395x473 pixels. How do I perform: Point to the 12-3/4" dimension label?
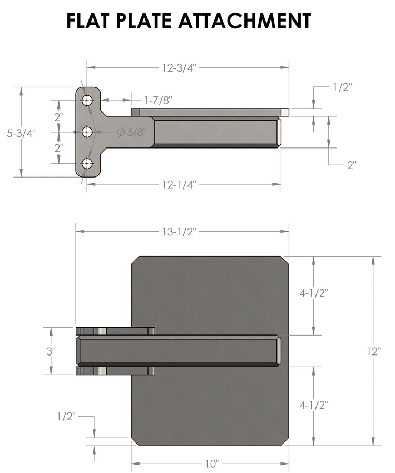click(x=180, y=67)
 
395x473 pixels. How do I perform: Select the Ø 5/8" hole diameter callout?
click(x=131, y=133)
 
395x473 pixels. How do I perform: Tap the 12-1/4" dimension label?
click(x=179, y=184)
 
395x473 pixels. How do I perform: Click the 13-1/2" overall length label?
click(x=179, y=230)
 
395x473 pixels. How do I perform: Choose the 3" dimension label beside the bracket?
click(x=51, y=351)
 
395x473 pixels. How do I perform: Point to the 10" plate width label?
click(x=211, y=464)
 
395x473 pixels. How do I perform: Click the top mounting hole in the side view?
click(x=87, y=100)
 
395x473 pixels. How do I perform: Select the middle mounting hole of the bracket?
click(x=87, y=132)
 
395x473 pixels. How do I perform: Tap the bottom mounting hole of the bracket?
click(x=87, y=164)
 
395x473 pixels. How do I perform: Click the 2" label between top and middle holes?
click(x=59, y=116)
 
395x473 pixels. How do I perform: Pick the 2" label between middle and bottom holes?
click(x=59, y=148)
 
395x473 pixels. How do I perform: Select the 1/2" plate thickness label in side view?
click(x=342, y=88)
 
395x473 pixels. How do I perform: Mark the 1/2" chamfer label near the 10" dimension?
click(x=67, y=417)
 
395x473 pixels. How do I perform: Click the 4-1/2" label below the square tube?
click(x=314, y=405)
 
